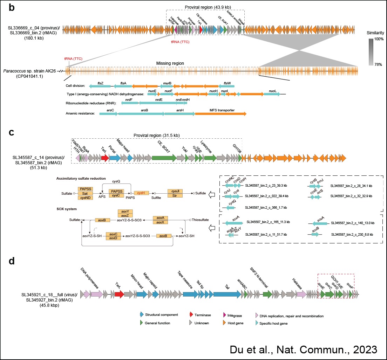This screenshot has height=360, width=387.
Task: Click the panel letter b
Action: click(x=12, y=8)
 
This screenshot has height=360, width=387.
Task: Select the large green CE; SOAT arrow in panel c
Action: click(x=164, y=158)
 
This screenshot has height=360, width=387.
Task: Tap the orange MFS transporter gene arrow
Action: click(x=220, y=114)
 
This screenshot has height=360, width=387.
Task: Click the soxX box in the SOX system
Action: click(x=161, y=222)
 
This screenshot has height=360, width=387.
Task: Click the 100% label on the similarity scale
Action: click(x=378, y=40)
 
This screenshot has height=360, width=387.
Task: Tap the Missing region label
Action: click(x=170, y=63)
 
